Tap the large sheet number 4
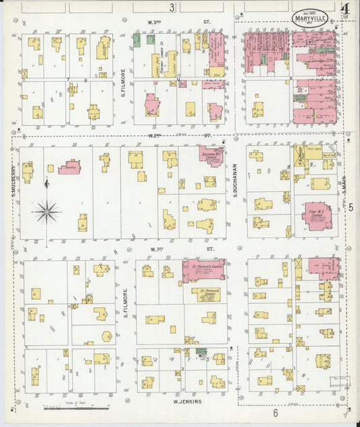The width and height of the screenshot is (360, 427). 345,9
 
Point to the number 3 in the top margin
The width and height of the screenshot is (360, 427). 172,7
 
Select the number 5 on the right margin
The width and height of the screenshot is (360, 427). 351,208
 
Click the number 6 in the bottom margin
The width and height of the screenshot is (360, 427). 276,413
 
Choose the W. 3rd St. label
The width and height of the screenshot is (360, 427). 177,22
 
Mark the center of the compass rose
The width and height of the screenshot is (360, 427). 47,212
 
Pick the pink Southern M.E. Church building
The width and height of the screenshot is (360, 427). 211,157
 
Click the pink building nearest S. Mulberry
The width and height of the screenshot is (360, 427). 70,166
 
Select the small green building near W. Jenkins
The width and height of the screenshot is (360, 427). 201,351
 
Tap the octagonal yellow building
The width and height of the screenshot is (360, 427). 107,336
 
